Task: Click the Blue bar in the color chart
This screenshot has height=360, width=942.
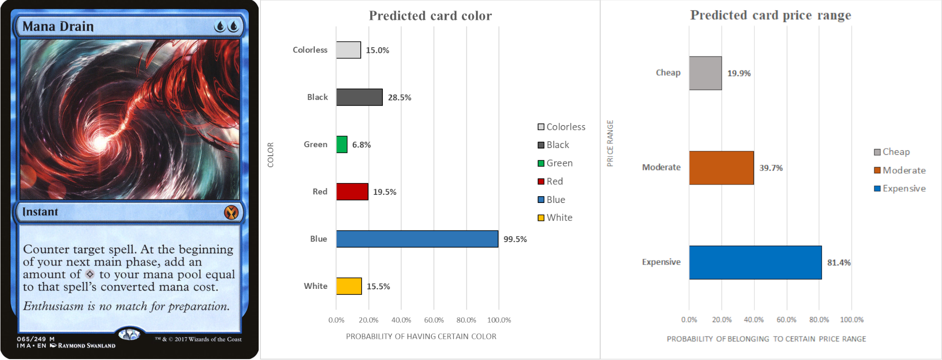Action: coord(417,239)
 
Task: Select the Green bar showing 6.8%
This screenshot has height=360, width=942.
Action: coord(342,144)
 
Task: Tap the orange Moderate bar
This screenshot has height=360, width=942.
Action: coord(721,168)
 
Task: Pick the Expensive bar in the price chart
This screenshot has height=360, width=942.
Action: coord(755,262)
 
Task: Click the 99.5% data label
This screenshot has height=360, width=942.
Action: coord(515,239)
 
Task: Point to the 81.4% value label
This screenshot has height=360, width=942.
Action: coord(839,263)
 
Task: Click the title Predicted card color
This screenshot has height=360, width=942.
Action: coord(430,16)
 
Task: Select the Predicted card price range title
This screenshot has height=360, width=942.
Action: coord(770,15)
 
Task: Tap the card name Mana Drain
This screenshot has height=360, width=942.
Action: coord(58,27)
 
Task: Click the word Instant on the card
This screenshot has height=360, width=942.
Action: coord(40,212)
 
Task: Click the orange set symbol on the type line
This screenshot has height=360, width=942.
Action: coord(231,212)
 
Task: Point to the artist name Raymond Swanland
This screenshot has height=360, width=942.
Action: coord(86,346)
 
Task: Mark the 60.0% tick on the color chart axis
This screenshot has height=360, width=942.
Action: coord(434,320)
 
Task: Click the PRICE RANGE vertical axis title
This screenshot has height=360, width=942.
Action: coord(610,143)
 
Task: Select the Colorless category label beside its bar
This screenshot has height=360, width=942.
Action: coord(310,50)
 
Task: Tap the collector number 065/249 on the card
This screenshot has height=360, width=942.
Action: coord(31,339)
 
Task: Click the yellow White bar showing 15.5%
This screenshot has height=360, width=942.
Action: coord(349,286)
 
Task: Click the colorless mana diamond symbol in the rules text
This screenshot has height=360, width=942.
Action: coord(90,274)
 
